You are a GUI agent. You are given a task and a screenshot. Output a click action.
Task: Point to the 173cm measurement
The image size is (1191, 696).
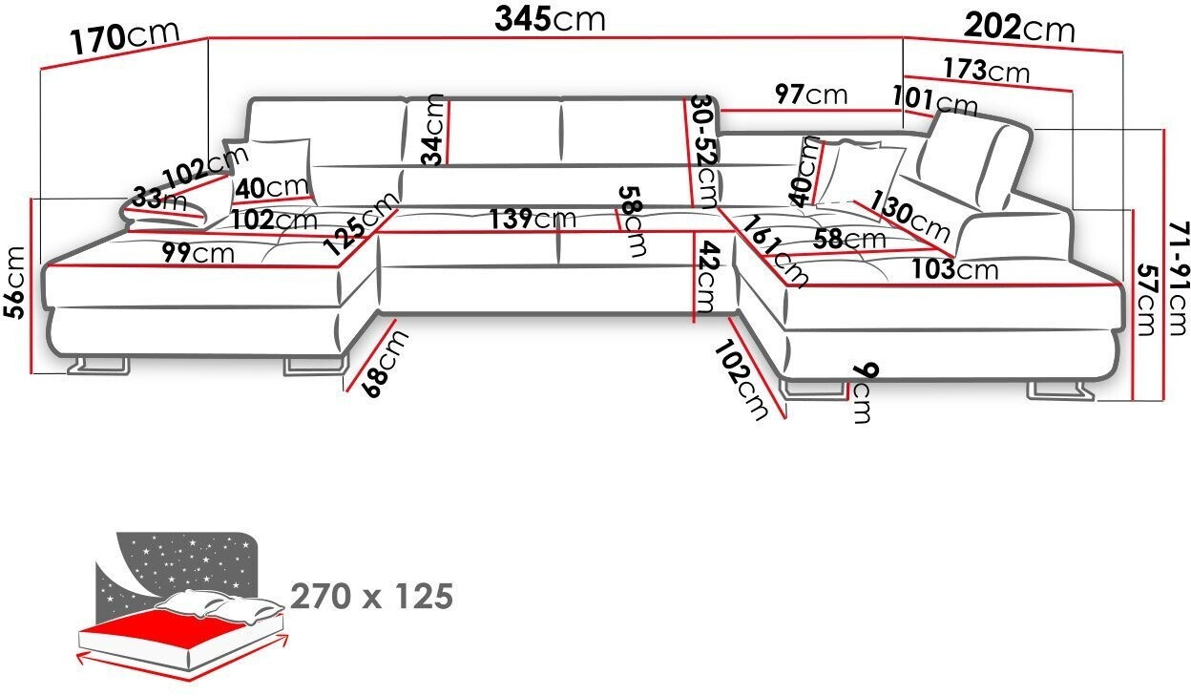987,70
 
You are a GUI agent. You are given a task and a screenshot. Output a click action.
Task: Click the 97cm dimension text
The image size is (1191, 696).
810,94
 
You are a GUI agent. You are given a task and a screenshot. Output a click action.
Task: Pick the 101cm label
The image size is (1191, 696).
935,100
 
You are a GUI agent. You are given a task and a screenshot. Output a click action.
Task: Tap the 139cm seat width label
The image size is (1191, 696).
533,219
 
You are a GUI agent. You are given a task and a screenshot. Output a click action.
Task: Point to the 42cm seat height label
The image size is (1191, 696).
705,278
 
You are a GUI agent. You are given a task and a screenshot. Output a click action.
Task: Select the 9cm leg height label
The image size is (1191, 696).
862,392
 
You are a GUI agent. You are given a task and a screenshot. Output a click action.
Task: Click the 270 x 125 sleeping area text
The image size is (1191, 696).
371,597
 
